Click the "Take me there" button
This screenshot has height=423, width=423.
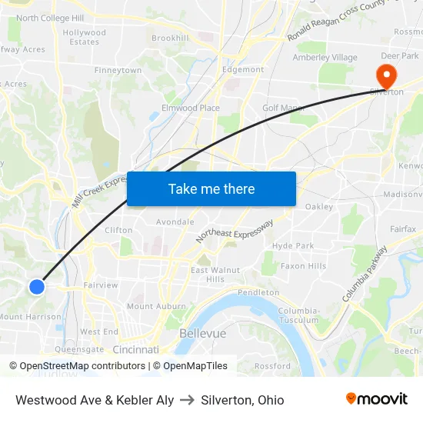click(211, 189)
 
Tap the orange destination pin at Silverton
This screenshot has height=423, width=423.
click(383, 76)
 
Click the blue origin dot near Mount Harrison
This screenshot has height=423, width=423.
click(36, 287)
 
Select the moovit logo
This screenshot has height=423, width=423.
click(377, 399)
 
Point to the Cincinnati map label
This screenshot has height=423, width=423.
click(136, 349)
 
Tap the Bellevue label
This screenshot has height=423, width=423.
click(202, 334)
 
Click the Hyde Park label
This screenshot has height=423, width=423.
click(293, 245)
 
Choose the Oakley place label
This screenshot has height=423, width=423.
click(318, 206)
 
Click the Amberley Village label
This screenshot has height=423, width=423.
click(325, 58)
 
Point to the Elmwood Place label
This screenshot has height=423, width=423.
click(190, 108)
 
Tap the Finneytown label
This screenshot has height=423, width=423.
click(118, 70)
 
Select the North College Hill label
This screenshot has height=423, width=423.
click(50, 18)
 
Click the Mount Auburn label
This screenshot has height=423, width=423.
click(151, 306)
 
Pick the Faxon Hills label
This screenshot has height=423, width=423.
click(303, 266)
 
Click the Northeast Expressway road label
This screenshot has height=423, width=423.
click(234, 231)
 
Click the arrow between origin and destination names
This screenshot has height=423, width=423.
click(187, 400)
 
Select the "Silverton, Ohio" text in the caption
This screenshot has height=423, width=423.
click(242, 400)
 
